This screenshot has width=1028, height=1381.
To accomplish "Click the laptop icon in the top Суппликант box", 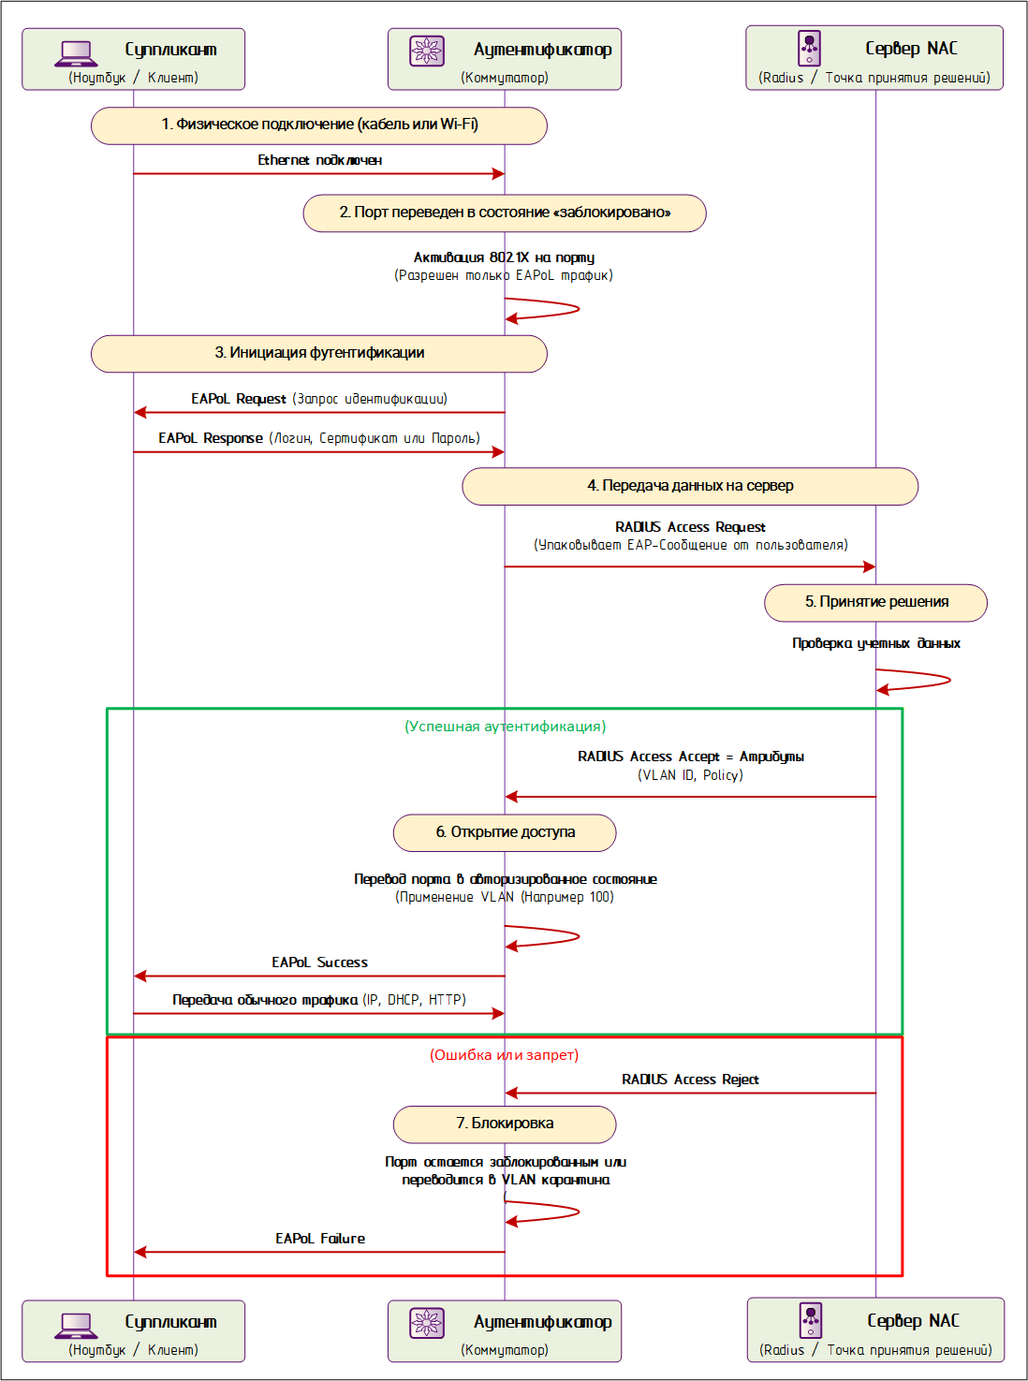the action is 75,53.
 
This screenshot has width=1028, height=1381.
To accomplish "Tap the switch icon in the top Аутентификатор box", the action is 427,51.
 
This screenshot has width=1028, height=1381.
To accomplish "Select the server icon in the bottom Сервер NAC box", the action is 810,1320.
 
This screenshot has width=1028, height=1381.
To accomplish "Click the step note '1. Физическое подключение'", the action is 319,125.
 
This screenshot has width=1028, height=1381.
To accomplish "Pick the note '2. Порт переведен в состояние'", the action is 505,213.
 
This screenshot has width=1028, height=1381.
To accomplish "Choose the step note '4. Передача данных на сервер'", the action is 690,486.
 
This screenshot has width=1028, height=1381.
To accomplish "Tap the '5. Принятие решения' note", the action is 875,603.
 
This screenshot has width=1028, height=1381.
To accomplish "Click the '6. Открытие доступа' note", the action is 505,832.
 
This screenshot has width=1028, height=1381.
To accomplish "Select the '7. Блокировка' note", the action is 505,1124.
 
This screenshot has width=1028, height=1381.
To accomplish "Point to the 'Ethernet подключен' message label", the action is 320,160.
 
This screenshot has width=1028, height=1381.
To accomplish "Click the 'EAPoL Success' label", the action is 319,962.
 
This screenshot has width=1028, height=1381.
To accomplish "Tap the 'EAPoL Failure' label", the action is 320,1238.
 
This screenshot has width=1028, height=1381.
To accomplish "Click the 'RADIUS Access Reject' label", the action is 690,1079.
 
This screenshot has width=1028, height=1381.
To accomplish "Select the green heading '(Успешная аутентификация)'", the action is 505,726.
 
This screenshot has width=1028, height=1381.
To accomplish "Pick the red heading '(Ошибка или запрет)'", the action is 505,1054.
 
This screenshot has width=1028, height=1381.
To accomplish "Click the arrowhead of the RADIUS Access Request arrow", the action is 870,566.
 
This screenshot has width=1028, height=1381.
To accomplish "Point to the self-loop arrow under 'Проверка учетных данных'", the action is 949,680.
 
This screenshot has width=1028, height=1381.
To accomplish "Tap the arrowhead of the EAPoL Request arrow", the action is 140,412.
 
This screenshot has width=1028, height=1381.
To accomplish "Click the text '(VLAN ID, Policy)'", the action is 690,774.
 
